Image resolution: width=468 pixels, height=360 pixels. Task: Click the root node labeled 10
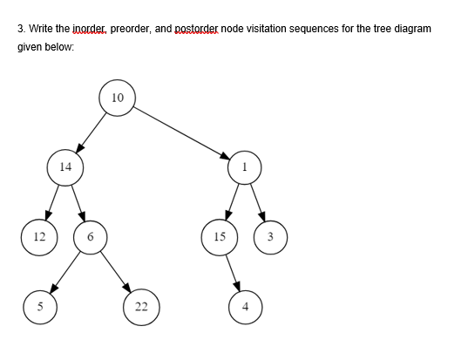119,97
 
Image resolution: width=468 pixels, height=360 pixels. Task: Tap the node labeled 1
246,166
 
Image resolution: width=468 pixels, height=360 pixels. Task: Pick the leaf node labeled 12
38,236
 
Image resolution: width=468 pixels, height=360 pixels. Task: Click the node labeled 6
91,236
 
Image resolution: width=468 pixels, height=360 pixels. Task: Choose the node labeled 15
220,236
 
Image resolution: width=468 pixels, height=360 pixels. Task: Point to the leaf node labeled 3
270,236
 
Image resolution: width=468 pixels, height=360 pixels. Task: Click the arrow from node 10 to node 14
92,132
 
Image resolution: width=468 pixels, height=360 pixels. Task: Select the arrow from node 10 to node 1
182,132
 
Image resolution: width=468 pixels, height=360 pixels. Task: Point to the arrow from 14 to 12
52,201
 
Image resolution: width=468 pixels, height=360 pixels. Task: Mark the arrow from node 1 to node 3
258,201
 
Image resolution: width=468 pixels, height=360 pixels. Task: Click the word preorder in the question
130,29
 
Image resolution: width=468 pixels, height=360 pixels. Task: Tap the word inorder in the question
82,29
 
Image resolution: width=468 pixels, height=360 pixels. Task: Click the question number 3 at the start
21,29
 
